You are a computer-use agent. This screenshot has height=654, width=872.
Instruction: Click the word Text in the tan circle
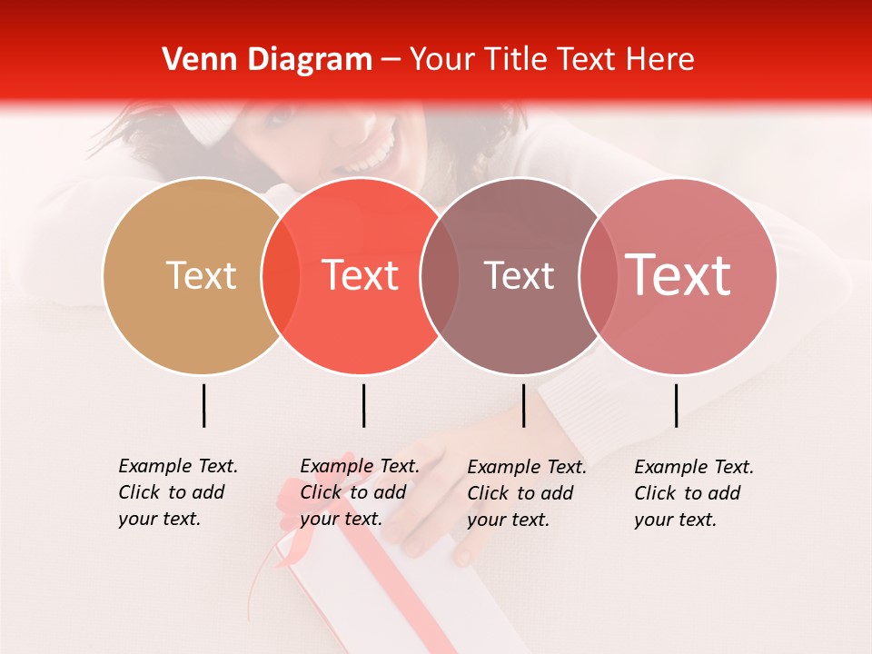[201, 275]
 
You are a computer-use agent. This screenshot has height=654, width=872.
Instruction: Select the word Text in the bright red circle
[361, 275]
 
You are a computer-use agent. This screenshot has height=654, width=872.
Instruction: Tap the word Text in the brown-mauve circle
[519, 275]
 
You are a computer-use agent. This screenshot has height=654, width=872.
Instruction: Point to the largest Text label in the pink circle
[679, 274]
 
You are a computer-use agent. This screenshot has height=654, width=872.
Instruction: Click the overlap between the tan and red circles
[281, 276]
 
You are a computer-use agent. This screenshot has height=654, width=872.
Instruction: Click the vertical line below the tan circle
[203, 405]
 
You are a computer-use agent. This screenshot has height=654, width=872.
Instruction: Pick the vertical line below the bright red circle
[363, 405]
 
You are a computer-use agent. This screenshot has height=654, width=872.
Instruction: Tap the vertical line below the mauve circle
[523, 405]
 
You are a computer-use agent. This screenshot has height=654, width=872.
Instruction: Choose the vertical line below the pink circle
[676, 405]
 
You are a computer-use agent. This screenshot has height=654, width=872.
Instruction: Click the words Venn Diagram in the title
[267, 60]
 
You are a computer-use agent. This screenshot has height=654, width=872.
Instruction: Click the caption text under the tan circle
[177, 492]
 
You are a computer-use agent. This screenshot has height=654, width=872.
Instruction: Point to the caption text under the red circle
[359, 492]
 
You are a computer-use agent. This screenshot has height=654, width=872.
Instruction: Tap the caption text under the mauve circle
[526, 493]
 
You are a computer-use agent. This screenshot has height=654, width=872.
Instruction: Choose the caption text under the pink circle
[693, 493]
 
